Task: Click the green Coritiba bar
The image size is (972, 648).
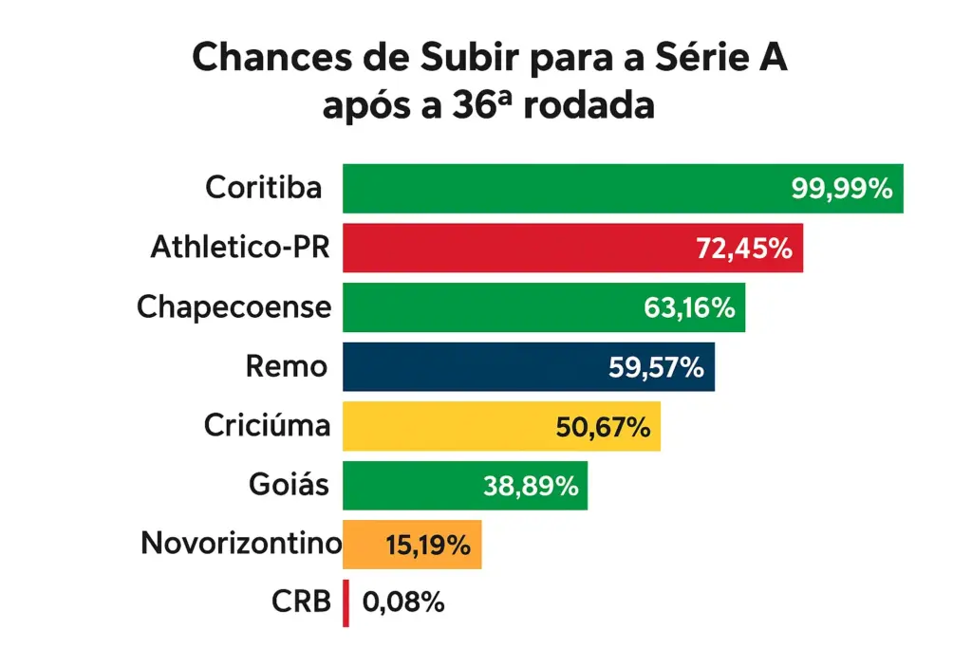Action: point(570,188)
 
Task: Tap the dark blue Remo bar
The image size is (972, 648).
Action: point(475,367)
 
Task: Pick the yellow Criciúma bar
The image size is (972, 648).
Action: point(446,427)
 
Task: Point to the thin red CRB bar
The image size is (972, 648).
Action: point(346,603)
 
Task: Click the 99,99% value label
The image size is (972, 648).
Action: point(842,189)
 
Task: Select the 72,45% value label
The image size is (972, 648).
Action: point(743,249)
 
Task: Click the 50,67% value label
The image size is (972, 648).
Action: point(603,427)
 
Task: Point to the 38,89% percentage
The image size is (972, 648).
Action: point(531,487)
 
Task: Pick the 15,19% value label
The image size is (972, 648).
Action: point(428,546)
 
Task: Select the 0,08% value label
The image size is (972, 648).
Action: point(403,602)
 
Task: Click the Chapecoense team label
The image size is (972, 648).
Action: point(234,307)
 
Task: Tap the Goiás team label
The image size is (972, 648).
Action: point(290,486)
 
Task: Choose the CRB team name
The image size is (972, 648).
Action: point(300,602)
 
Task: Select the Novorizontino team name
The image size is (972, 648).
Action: point(240,544)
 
